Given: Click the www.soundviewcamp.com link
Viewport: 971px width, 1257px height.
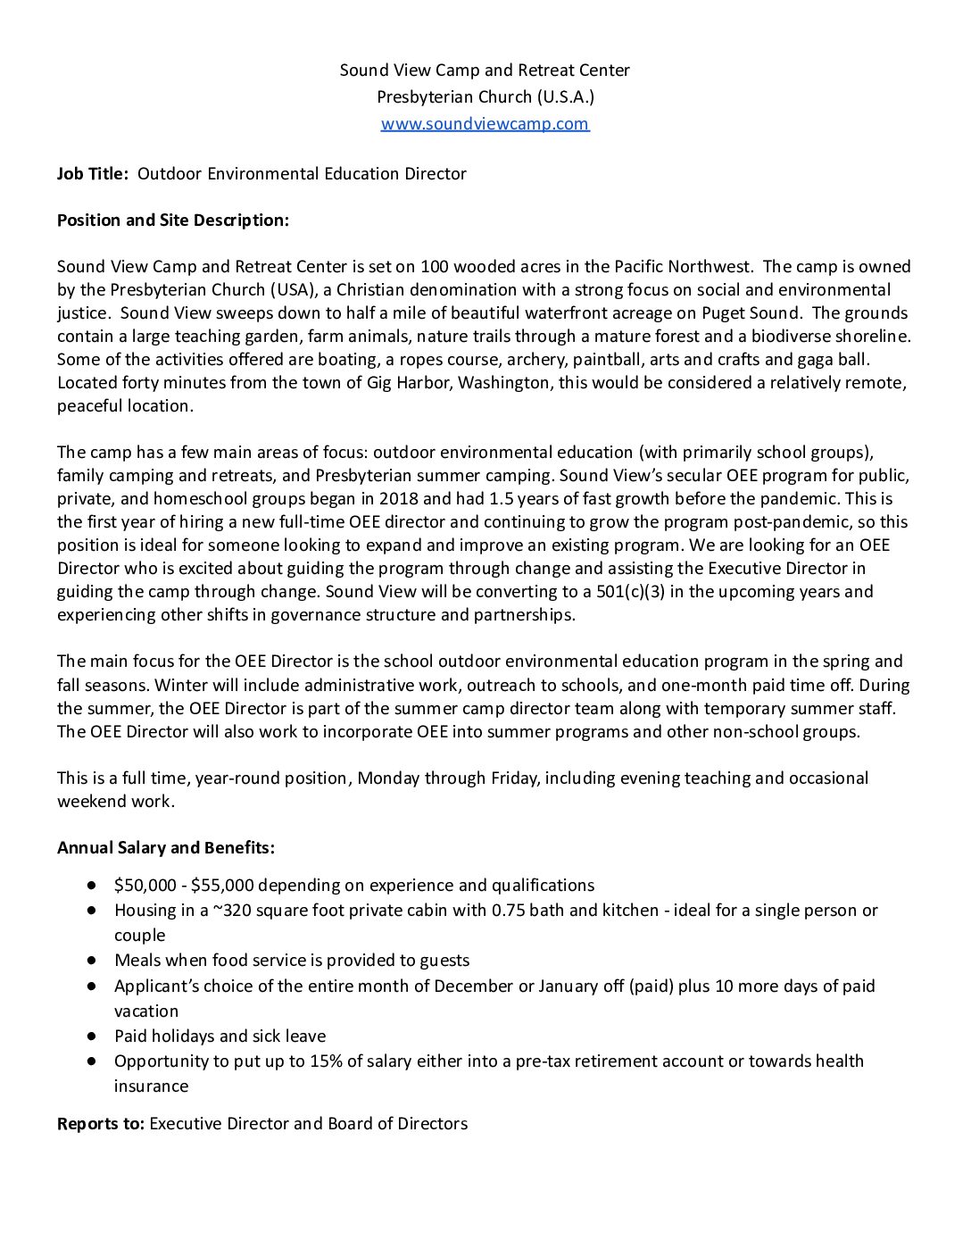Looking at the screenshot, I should pyautogui.click(x=485, y=123).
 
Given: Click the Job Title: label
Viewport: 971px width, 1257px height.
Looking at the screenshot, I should pyautogui.click(x=93, y=173).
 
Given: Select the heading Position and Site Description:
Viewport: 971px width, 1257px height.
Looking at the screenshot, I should pyautogui.click(x=173, y=220).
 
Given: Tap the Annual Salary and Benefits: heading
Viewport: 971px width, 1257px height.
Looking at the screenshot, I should pyautogui.click(x=166, y=847).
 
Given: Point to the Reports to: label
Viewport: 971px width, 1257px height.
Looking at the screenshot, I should pyautogui.click(x=100, y=1123).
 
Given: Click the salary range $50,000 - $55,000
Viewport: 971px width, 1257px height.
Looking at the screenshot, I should pyautogui.click(x=184, y=885).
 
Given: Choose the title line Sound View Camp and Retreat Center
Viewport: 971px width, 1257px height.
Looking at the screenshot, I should pyautogui.click(x=485, y=70).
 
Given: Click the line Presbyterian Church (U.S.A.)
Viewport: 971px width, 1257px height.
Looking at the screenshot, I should pyautogui.click(x=485, y=96).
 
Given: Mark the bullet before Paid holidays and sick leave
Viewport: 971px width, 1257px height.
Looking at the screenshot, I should pyautogui.click(x=91, y=1036).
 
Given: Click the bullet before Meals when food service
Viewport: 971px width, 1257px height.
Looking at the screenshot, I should pyautogui.click(x=91, y=960).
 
